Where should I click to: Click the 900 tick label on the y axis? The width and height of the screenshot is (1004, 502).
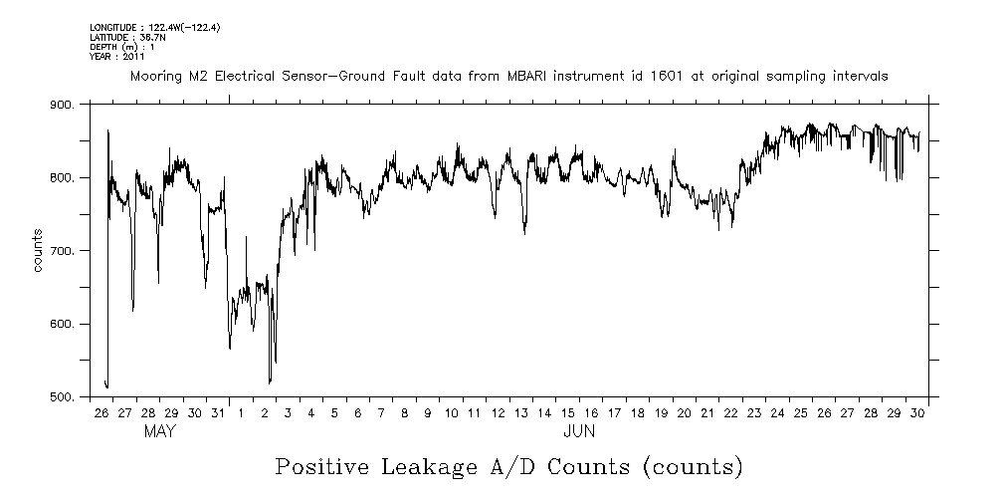62,105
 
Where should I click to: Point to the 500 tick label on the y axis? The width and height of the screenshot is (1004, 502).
62,397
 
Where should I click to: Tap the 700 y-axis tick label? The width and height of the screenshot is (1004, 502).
62,251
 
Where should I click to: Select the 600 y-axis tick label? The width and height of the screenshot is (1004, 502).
62,325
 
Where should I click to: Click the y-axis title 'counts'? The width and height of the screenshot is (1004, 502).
37,250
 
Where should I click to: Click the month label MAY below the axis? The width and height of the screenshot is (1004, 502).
160,431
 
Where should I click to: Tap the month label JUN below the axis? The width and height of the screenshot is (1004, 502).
579,431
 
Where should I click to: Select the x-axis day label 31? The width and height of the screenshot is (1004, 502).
218,412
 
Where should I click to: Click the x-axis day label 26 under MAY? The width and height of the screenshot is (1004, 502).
101,412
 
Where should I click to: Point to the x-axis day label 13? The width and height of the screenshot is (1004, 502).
520,412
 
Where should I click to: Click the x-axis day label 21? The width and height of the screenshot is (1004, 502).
707,412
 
